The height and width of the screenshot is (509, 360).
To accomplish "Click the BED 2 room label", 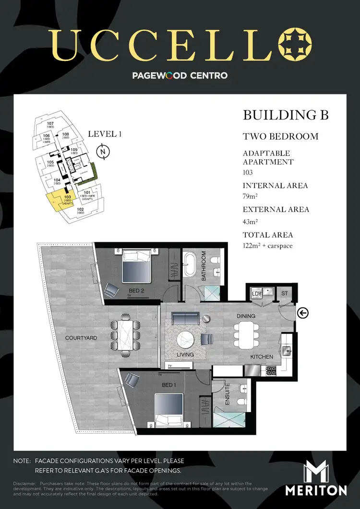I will [x=137, y=291].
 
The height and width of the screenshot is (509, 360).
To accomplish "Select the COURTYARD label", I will [x=81, y=338].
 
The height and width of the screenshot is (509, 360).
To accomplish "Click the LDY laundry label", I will [x=256, y=293].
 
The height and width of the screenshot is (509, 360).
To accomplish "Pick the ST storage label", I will [x=284, y=293].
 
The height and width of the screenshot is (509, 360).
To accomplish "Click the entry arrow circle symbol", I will [x=303, y=313].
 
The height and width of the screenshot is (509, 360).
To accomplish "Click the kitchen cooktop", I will [x=271, y=370].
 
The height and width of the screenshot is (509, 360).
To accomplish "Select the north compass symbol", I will [x=103, y=153].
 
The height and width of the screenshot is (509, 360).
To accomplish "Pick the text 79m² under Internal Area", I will [x=251, y=195].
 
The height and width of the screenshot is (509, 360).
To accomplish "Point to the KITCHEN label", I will [x=262, y=357].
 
